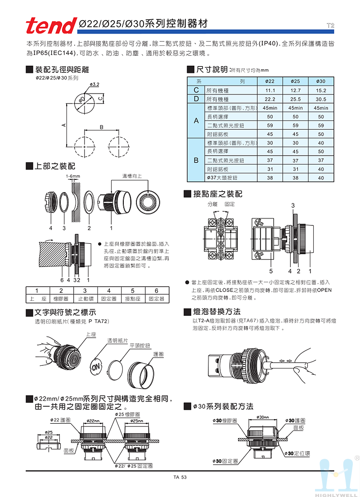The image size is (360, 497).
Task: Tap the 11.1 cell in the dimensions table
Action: [270, 90]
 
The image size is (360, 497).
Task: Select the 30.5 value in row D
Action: [321, 99]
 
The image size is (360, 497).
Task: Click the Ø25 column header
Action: [296, 81]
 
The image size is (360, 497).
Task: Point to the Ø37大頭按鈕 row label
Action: [222, 178]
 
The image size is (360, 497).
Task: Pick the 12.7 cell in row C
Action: [296, 90]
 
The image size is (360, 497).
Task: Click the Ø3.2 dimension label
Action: [94, 84]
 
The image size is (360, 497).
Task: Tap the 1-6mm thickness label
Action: [72, 175]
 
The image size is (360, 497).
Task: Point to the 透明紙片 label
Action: [117, 340]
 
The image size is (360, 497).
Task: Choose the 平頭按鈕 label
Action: [139, 345]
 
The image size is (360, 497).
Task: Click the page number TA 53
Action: [180, 477]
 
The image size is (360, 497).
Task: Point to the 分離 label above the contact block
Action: [212, 204]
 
